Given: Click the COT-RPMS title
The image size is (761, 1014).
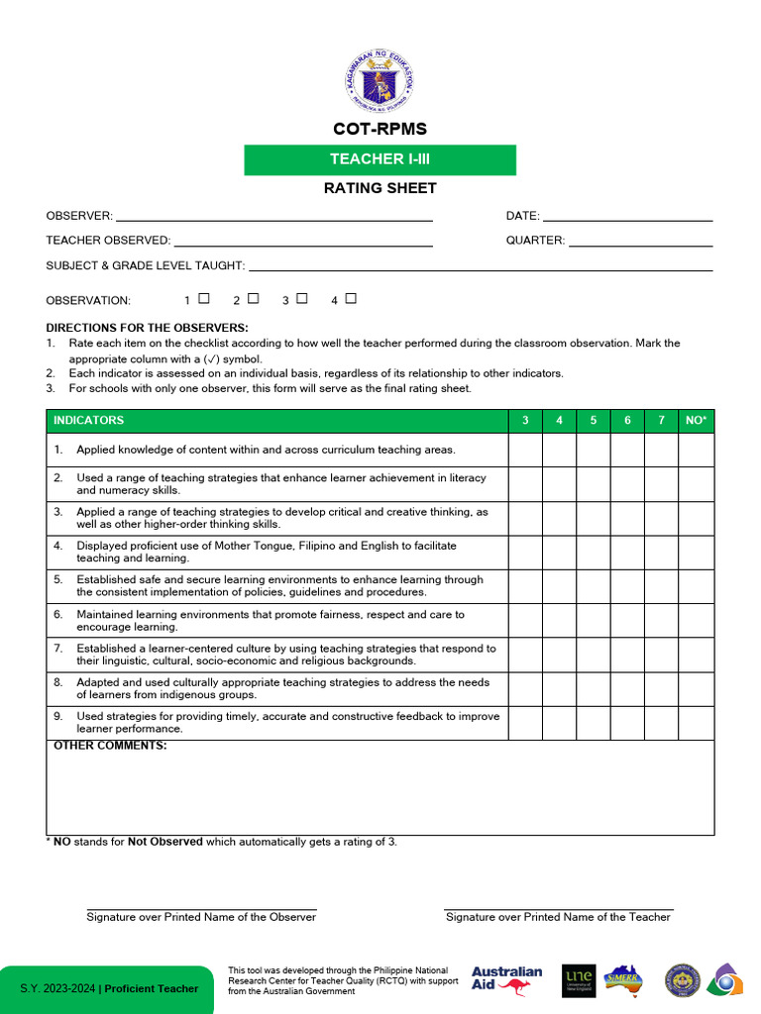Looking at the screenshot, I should (x=380, y=130).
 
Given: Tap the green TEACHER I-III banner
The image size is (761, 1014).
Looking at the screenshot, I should (x=380, y=159).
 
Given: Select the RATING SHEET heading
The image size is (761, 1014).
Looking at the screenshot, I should (x=380, y=188).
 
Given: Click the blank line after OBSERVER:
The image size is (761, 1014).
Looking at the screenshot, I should (x=274, y=216).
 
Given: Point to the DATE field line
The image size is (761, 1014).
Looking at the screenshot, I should (x=627, y=216).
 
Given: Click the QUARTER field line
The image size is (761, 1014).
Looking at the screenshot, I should (x=640, y=241).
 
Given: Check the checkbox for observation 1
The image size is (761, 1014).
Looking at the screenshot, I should (x=204, y=298).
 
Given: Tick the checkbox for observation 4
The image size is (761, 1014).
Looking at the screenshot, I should (x=351, y=298).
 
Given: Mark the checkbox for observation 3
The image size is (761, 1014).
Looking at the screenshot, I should (x=302, y=298).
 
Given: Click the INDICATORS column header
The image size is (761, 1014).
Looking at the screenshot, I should (x=89, y=421).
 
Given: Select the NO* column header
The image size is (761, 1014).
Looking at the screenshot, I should (x=696, y=421).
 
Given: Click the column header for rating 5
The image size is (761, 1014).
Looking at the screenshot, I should (x=594, y=421).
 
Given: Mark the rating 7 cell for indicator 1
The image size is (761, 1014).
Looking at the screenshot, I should (x=661, y=450).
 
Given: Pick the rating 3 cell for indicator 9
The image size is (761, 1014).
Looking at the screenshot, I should (x=525, y=723).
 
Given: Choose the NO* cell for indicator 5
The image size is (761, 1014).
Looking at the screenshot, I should (x=696, y=586).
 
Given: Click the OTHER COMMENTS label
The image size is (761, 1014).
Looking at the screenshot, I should (x=110, y=746).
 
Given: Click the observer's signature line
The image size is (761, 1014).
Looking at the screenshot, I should (x=201, y=907).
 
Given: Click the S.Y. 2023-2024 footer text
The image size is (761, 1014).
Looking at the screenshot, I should (x=109, y=988).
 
